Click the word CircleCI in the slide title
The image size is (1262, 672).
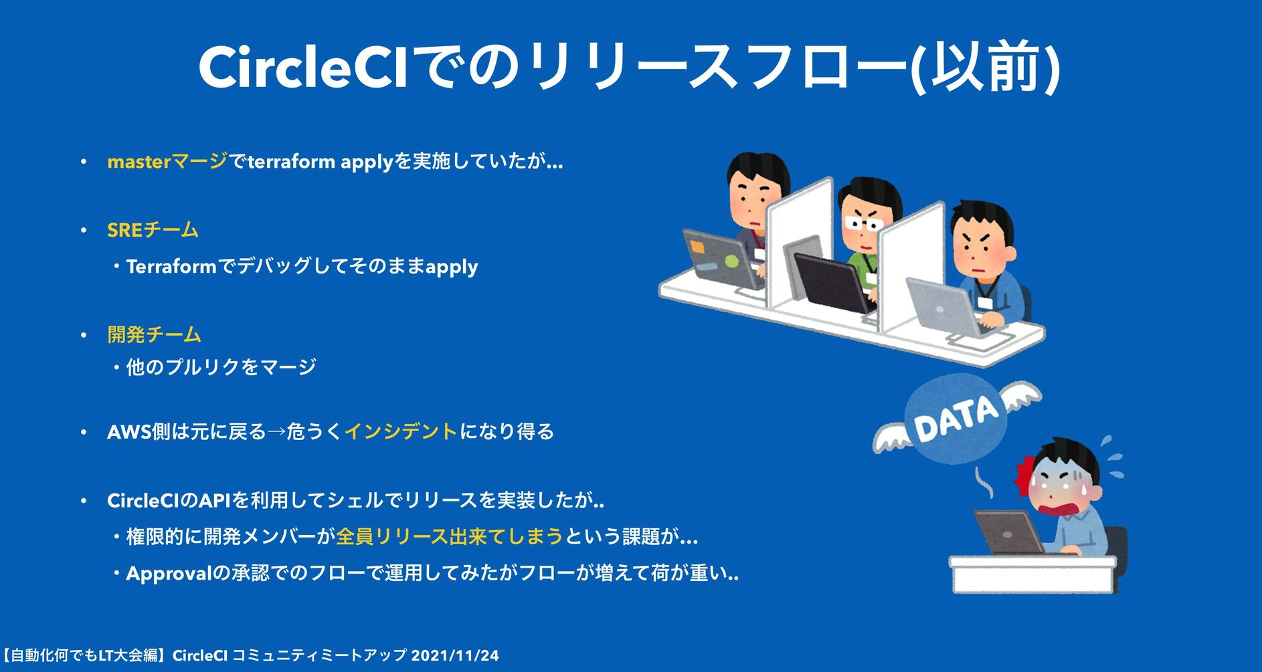(302, 67)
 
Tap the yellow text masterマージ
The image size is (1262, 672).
(167, 162)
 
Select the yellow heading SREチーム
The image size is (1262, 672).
(153, 230)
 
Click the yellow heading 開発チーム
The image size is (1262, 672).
(154, 334)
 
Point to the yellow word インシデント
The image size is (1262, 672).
(401, 431)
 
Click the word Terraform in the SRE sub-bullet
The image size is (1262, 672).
(171, 266)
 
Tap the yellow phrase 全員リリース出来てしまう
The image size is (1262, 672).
(449, 536)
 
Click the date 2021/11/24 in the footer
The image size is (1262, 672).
(455, 655)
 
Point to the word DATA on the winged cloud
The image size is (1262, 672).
(956, 419)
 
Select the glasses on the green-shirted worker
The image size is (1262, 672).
(863, 223)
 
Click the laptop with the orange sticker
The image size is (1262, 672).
(719, 257)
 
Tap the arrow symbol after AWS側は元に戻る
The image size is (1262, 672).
(276, 432)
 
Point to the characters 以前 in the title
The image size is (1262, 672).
(983, 67)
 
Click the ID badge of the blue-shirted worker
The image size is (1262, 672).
(983, 302)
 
